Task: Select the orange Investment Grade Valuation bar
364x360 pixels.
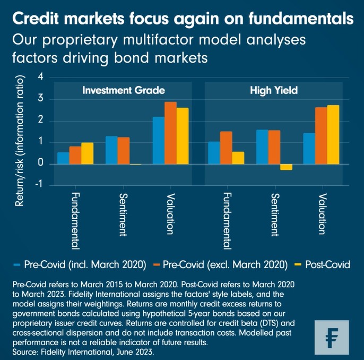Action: tap(170, 133)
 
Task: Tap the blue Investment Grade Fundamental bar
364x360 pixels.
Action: tap(63, 158)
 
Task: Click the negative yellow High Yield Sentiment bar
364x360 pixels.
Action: tap(286, 167)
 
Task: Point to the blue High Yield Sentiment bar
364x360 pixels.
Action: tap(262, 147)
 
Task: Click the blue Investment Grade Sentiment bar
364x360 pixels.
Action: tap(111, 150)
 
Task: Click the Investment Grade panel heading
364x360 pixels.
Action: tap(123, 90)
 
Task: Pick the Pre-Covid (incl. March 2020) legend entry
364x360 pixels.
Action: tap(83, 264)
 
